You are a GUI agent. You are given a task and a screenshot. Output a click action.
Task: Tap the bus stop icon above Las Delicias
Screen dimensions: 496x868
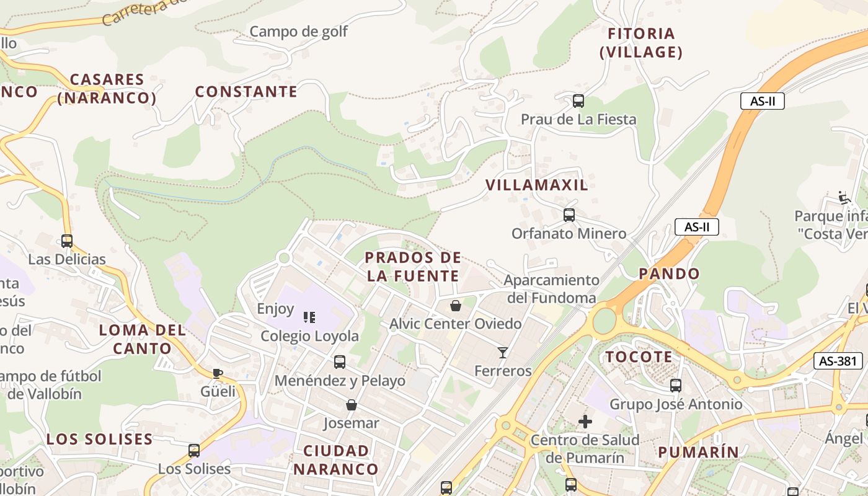coord(66,241)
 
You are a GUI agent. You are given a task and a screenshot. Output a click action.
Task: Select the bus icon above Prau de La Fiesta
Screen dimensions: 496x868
coord(578,100)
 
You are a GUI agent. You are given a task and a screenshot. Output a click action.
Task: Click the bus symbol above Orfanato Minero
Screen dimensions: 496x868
coord(569,215)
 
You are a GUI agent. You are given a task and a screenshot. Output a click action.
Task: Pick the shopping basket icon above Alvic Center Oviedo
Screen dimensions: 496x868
coord(456,306)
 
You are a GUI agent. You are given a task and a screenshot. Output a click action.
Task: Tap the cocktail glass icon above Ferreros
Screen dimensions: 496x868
coord(503,353)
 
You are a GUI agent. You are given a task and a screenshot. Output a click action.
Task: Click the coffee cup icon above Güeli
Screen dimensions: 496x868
coord(217,373)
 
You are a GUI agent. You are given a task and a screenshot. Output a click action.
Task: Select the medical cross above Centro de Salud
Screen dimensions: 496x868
coord(585,422)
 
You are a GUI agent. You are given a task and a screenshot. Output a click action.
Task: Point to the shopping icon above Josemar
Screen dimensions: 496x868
coord(352,405)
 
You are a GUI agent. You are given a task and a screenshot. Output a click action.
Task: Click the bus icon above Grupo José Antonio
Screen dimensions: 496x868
coord(676,386)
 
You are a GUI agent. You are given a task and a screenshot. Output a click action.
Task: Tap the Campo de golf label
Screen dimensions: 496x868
coord(299,31)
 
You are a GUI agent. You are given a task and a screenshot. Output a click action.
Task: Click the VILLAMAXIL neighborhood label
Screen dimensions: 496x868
coord(537,185)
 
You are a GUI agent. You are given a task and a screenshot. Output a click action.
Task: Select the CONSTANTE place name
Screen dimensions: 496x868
coord(246,92)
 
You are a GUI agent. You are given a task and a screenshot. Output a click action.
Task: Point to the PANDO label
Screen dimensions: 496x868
coord(669,273)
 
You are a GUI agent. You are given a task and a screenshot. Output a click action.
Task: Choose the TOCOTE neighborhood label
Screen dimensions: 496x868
coord(639,356)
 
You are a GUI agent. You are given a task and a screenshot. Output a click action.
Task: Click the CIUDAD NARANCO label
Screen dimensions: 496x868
coord(336,459)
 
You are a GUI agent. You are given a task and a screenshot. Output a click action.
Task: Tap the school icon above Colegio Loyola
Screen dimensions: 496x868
coord(309,317)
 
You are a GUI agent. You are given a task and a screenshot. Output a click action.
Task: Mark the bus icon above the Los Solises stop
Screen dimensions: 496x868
coord(194,451)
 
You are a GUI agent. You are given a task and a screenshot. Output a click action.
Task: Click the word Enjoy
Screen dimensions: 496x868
coord(275,308)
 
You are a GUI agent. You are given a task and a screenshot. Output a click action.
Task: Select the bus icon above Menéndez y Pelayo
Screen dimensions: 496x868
coord(340,361)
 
